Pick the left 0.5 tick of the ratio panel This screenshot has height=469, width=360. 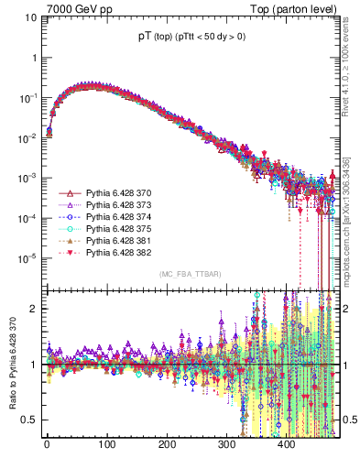point(27,420)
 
